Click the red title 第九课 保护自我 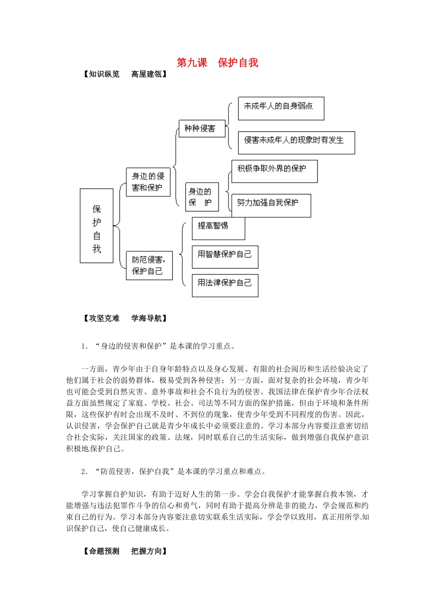click(217, 63)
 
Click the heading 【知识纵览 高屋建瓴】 click(125, 74)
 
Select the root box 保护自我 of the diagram click(97, 226)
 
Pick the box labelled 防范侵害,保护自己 click(149, 265)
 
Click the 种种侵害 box click(201, 129)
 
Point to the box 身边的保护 click(201, 197)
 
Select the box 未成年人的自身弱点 click(281, 108)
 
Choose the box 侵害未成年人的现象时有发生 click(296, 142)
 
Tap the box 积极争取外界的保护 click(274, 171)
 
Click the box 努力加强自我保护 click(271, 205)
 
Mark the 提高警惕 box click(218, 228)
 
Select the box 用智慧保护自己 click(225, 257)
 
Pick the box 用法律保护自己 click(225, 286)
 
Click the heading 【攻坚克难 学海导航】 click(125, 318)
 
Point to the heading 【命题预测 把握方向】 click(125, 551)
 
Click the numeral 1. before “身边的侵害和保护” click(84, 346)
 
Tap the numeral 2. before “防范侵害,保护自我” click(84, 472)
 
